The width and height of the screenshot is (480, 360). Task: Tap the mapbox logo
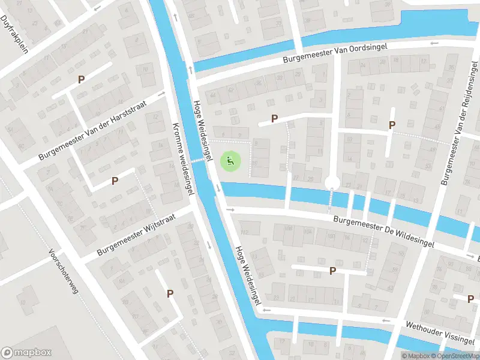click(26, 353)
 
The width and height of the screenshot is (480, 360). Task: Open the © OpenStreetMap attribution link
click(458, 356)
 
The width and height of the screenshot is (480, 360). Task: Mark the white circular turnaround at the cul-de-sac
click(332, 182)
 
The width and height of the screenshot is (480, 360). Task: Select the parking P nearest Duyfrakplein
click(81, 79)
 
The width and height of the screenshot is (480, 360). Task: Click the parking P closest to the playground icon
click(274, 119)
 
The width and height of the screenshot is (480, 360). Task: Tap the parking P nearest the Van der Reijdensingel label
click(392, 125)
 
